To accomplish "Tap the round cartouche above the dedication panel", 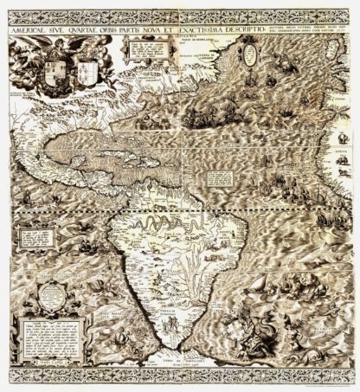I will click(41, 300).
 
